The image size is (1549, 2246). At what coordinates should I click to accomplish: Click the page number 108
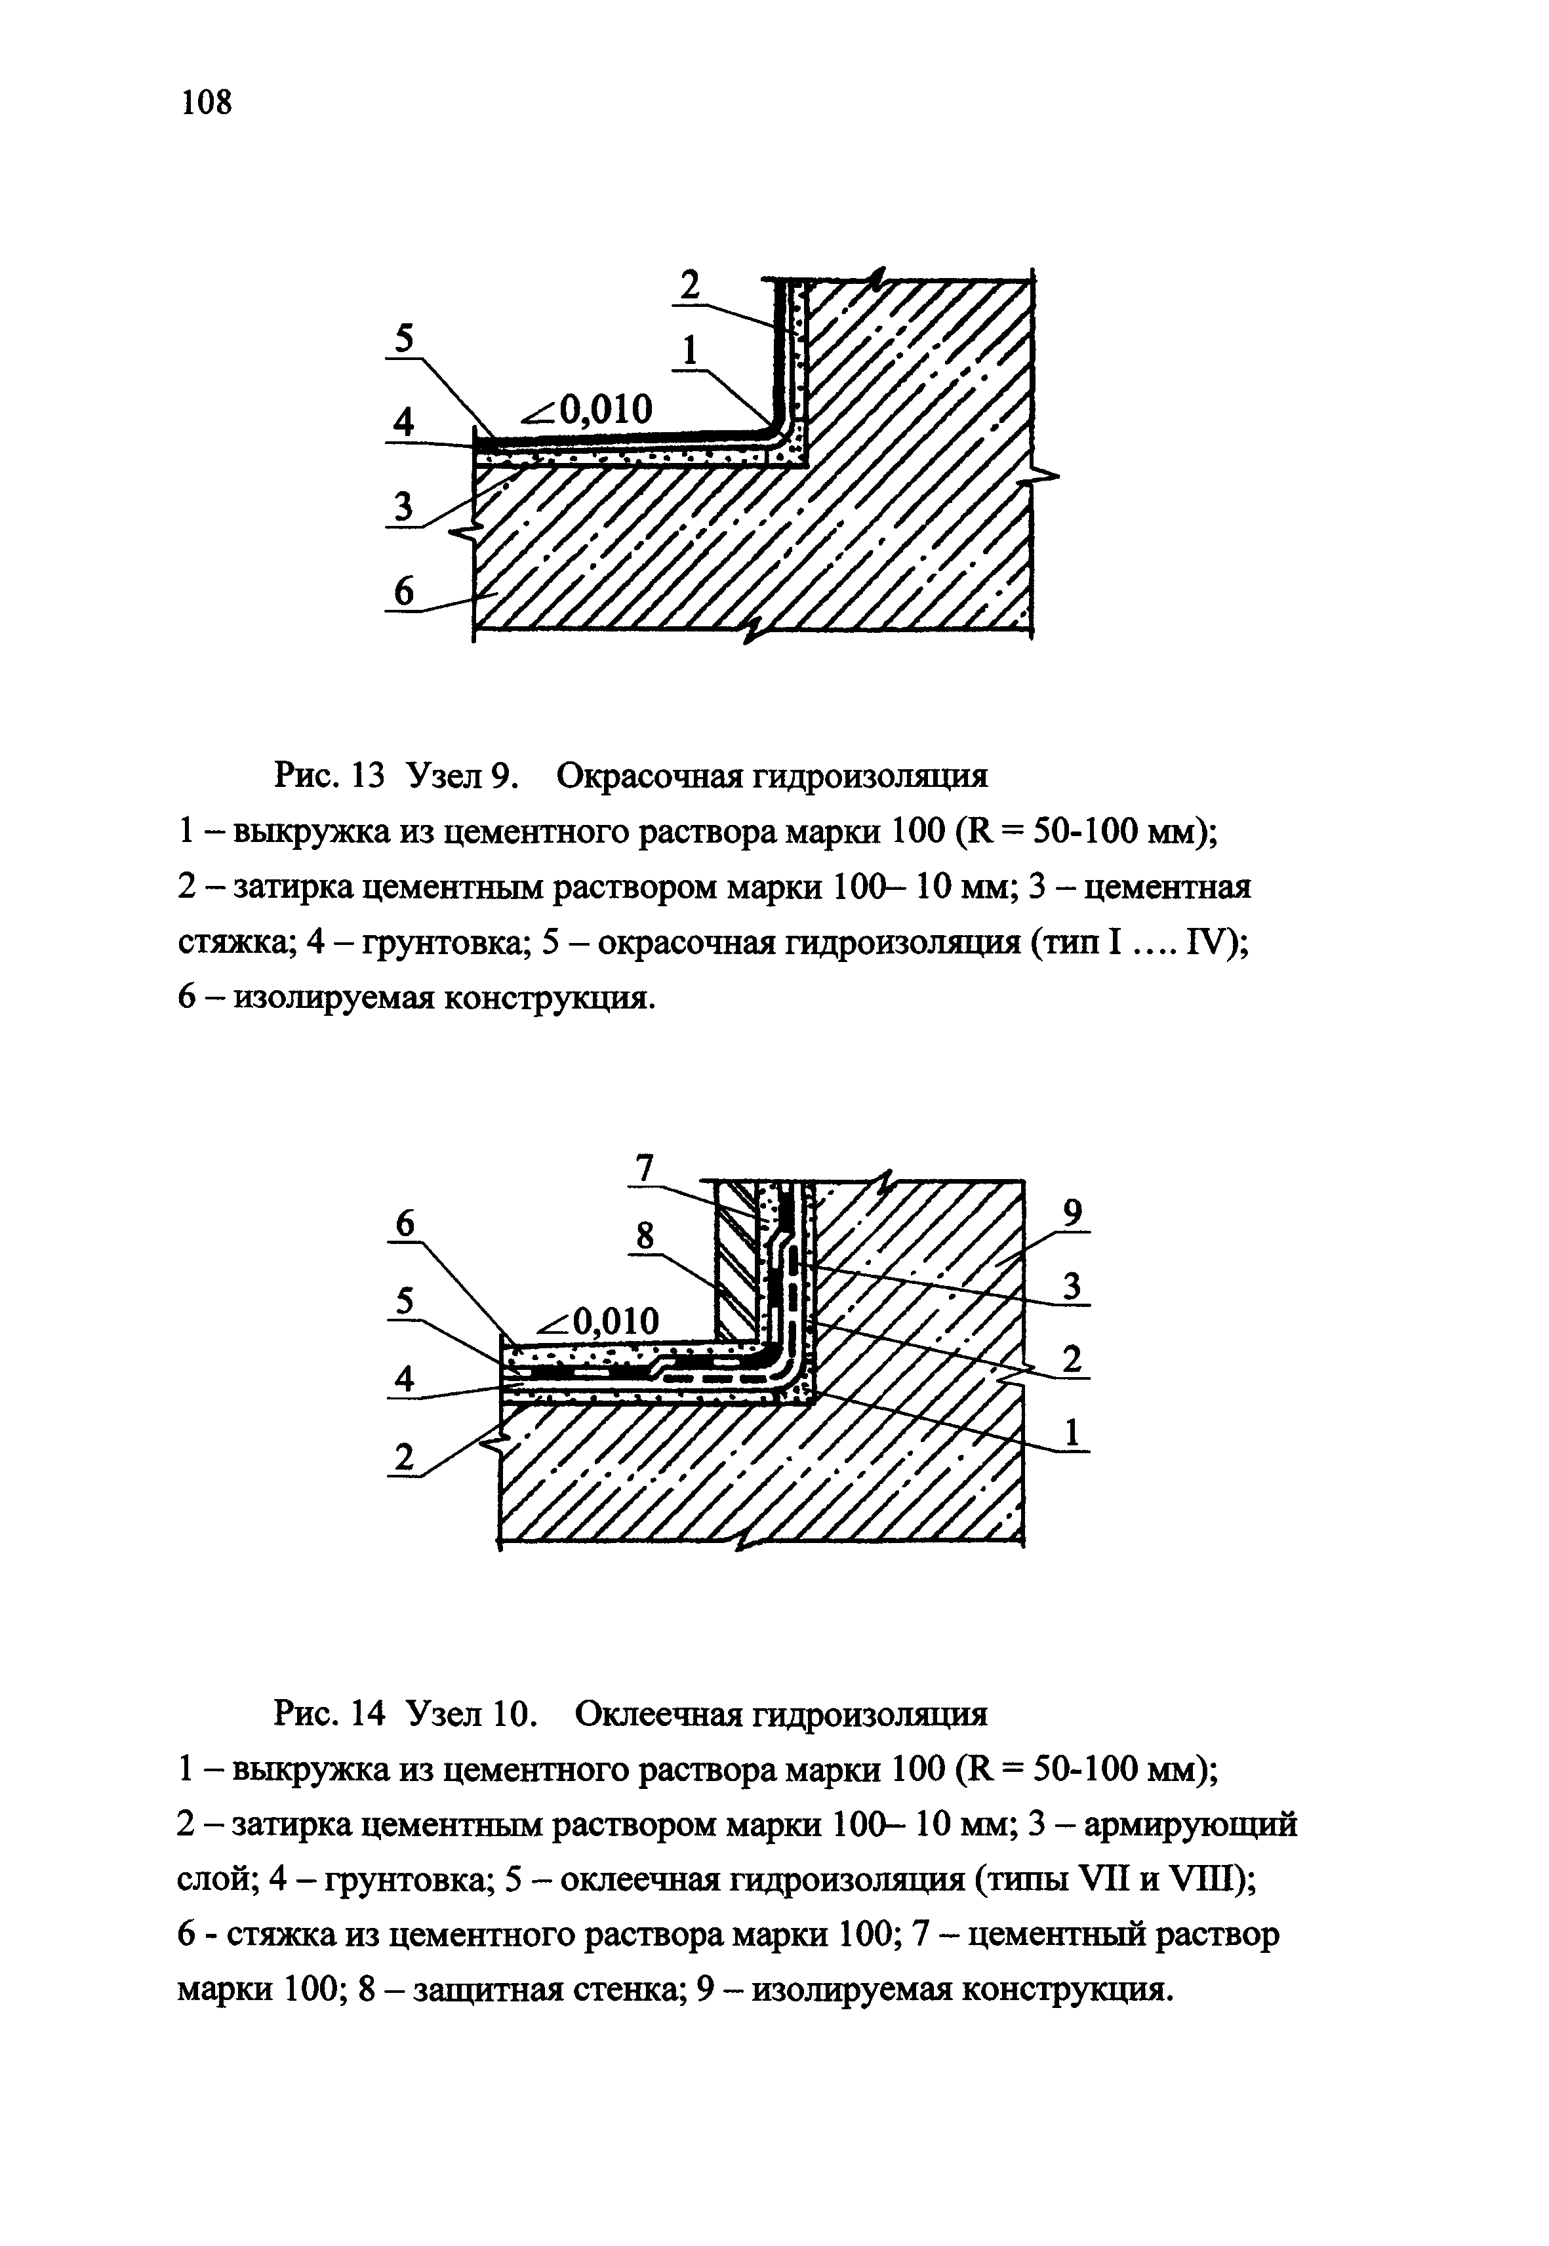coord(207,101)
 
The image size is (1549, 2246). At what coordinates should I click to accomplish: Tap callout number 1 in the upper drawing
coord(690,350)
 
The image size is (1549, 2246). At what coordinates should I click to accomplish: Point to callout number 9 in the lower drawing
coord(1072,1211)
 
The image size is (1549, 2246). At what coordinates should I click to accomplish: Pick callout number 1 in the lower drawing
coord(1072,1432)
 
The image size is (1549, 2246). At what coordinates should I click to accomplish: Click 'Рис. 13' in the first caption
coord(331,776)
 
